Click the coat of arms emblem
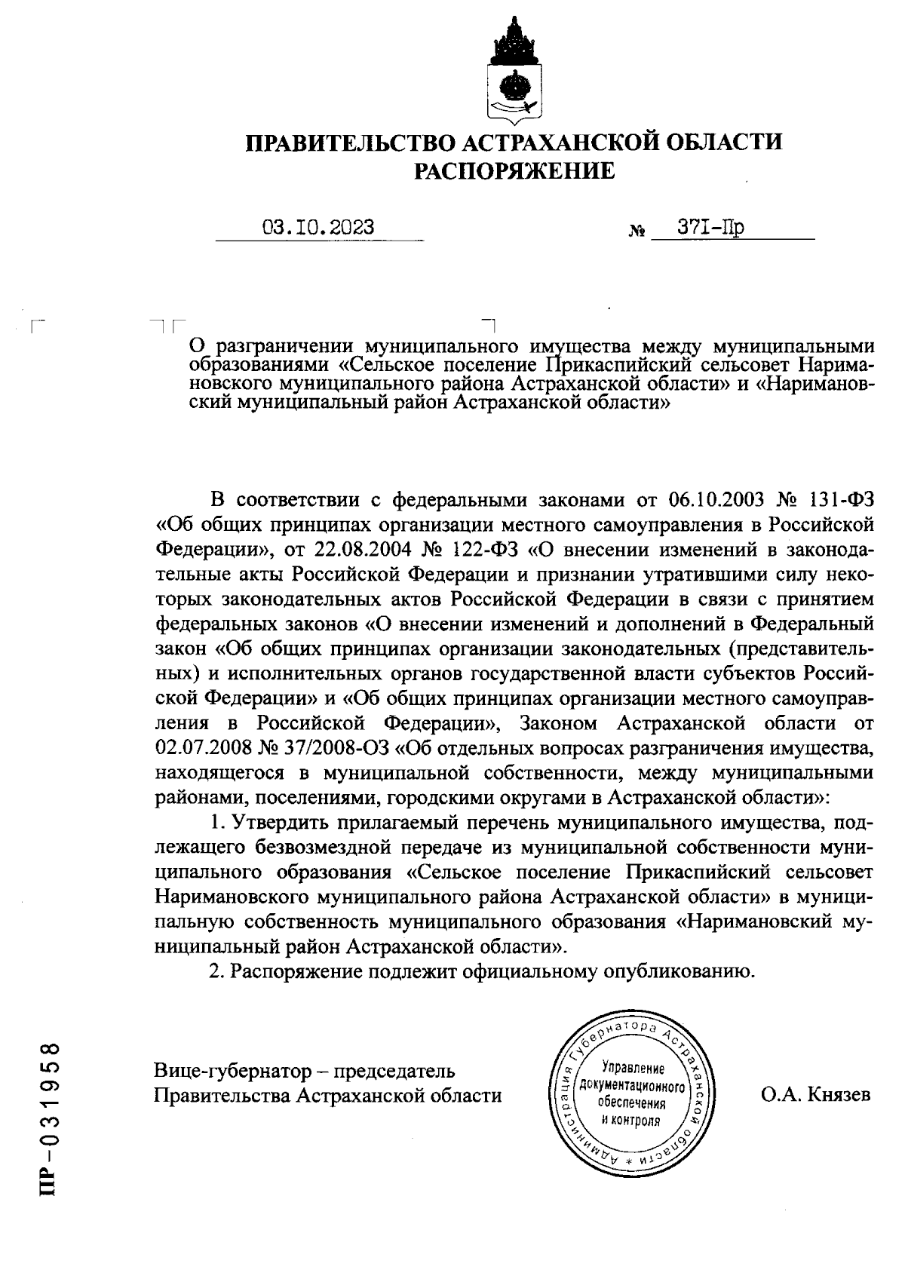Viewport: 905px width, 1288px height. pos(514,71)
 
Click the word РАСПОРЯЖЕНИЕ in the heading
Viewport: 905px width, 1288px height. pos(516,172)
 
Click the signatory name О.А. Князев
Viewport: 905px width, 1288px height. pos(816,1094)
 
